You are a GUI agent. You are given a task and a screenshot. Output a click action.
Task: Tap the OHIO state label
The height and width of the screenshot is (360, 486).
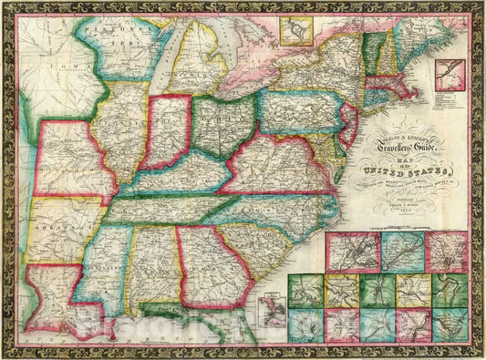222,127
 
